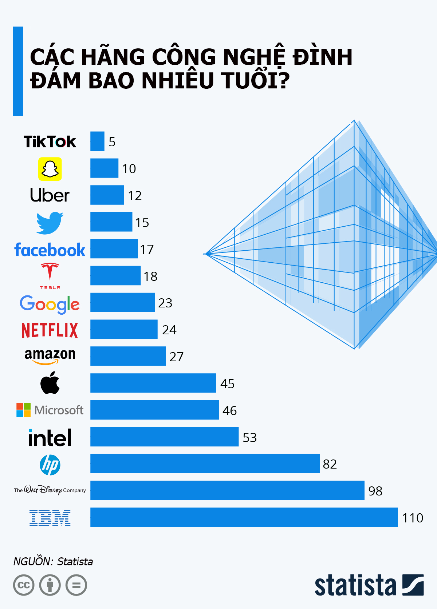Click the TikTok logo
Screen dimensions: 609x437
pos(50,142)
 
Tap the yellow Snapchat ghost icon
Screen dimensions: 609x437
pos(50,169)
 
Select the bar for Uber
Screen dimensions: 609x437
pos(107,195)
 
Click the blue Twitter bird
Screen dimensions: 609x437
pos(50,223)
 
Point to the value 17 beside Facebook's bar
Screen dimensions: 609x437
pos(147,250)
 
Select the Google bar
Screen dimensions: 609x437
pos(122,302)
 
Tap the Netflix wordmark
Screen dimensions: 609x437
pos(50,330)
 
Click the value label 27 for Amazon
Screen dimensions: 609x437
pos(177,357)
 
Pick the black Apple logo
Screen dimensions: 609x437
pos(50,383)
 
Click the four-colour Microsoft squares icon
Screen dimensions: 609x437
pos(24,410)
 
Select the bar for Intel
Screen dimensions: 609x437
pos(164,437)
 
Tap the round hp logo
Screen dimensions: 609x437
pos(50,465)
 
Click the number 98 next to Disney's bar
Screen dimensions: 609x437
pos(375,491)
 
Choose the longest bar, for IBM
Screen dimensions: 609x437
pos(244,517)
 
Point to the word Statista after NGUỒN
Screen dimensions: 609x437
pos(75,562)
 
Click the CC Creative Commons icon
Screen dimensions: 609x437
pos(24,585)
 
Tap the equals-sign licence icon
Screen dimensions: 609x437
pos(76,585)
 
